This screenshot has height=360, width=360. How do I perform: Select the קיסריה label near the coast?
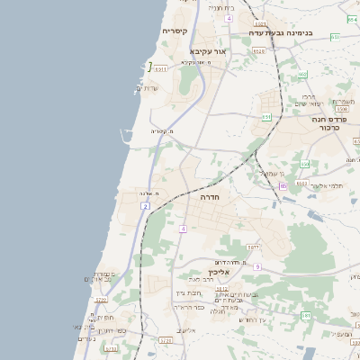tap(175, 31)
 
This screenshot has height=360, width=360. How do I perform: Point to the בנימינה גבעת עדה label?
tap(283, 33)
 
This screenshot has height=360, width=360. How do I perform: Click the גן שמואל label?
tap(271, 171)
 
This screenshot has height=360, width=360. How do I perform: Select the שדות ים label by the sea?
tap(147, 87)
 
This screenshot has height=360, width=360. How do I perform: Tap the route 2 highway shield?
tap(145, 206)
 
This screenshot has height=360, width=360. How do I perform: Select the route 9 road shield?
tap(256, 267)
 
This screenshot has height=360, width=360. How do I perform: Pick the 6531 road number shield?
tap(160, 67)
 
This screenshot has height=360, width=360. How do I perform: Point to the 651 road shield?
tap(266, 116)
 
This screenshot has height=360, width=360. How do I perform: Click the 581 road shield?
tap(306, 315)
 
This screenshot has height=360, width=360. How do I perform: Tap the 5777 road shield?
tap(254, 247)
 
